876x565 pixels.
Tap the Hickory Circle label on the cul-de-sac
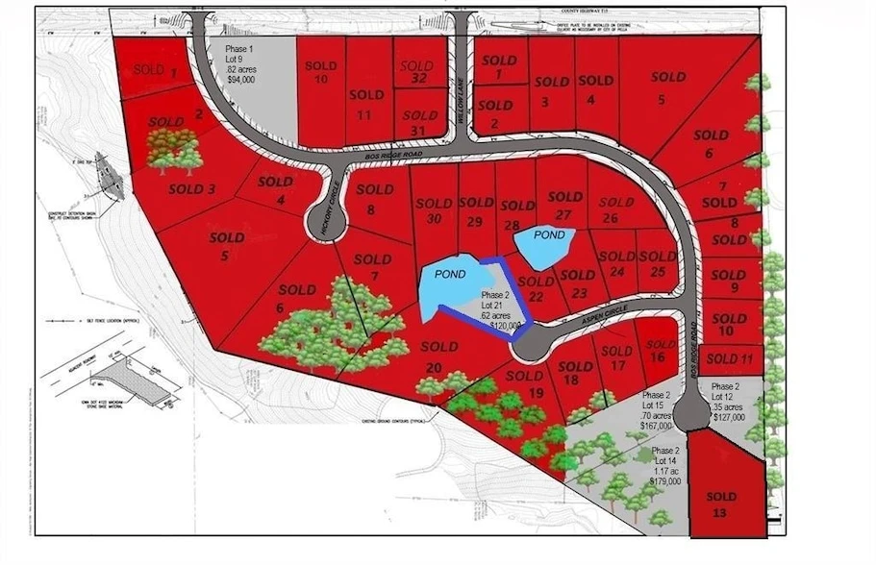327,202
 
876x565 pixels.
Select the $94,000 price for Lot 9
241,81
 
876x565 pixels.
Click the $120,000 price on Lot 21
505,326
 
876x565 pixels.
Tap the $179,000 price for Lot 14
664,480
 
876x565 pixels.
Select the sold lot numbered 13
720,504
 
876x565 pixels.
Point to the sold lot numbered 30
434,211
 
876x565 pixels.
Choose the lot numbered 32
417,73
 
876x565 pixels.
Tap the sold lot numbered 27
564,206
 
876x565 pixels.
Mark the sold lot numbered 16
660,351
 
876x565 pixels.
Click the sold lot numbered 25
658,264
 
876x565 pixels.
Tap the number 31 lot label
417,123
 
